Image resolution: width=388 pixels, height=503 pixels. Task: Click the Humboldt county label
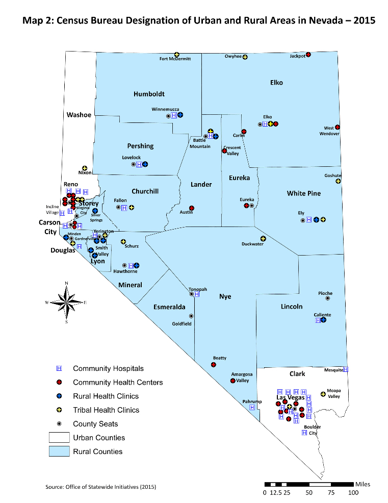tap(149, 94)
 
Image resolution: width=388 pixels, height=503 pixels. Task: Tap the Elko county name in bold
tap(276, 82)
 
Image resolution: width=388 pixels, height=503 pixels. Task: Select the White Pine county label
tap(303, 193)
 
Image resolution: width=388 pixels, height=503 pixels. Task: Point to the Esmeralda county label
tap(169, 307)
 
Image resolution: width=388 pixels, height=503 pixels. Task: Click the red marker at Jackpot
tap(308, 55)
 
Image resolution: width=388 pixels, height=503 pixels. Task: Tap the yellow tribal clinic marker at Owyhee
tap(245, 57)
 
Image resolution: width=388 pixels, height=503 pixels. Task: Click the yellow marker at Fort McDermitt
tap(177, 55)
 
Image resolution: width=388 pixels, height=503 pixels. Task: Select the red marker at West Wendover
tap(338, 127)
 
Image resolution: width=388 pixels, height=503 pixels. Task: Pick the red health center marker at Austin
tap(191, 208)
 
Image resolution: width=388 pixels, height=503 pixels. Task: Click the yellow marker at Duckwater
tap(263, 239)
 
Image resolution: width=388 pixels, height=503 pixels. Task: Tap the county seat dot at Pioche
tap(327, 298)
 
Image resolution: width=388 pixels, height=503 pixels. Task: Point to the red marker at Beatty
tap(214, 364)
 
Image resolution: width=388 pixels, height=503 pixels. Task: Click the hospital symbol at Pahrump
tap(252, 407)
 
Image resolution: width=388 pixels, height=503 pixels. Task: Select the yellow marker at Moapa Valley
tap(322, 394)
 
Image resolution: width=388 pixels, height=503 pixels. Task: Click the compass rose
tap(66, 303)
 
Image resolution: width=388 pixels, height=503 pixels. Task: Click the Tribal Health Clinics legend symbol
tap(59, 410)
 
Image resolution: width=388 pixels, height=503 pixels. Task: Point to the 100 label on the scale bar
tap(353, 493)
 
